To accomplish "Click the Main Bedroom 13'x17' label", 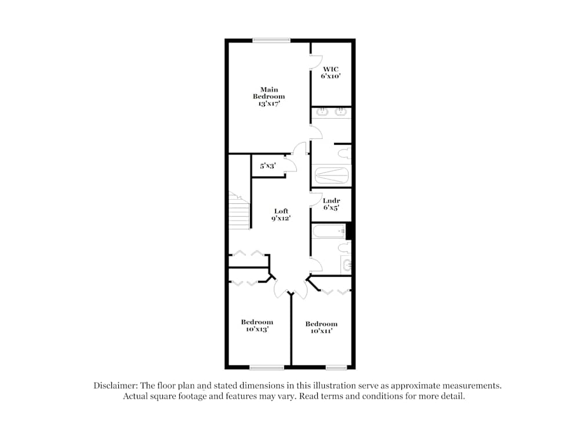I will click(x=269, y=97).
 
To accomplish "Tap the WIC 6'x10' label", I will click(x=331, y=72).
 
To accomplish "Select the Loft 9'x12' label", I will click(x=280, y=215).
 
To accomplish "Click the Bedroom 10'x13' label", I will click(x=257, y=325).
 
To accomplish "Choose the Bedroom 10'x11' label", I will click(x=321, y=328).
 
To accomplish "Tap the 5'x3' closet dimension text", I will click(x=267, y=166).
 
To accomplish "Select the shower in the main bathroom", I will click(x=331, y=174).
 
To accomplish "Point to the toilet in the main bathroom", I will click(x=345, y=153).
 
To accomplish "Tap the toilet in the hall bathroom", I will click(x=345, y=248).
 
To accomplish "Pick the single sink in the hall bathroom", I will click(x=346, y=265).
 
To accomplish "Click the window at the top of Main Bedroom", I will click(x=271, y=40).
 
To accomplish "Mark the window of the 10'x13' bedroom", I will click(x=267, y=367).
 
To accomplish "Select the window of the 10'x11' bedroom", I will click(x=336, y=367).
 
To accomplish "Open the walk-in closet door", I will click(x=316, y=62).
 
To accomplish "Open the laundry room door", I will click(x=317, y=200).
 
